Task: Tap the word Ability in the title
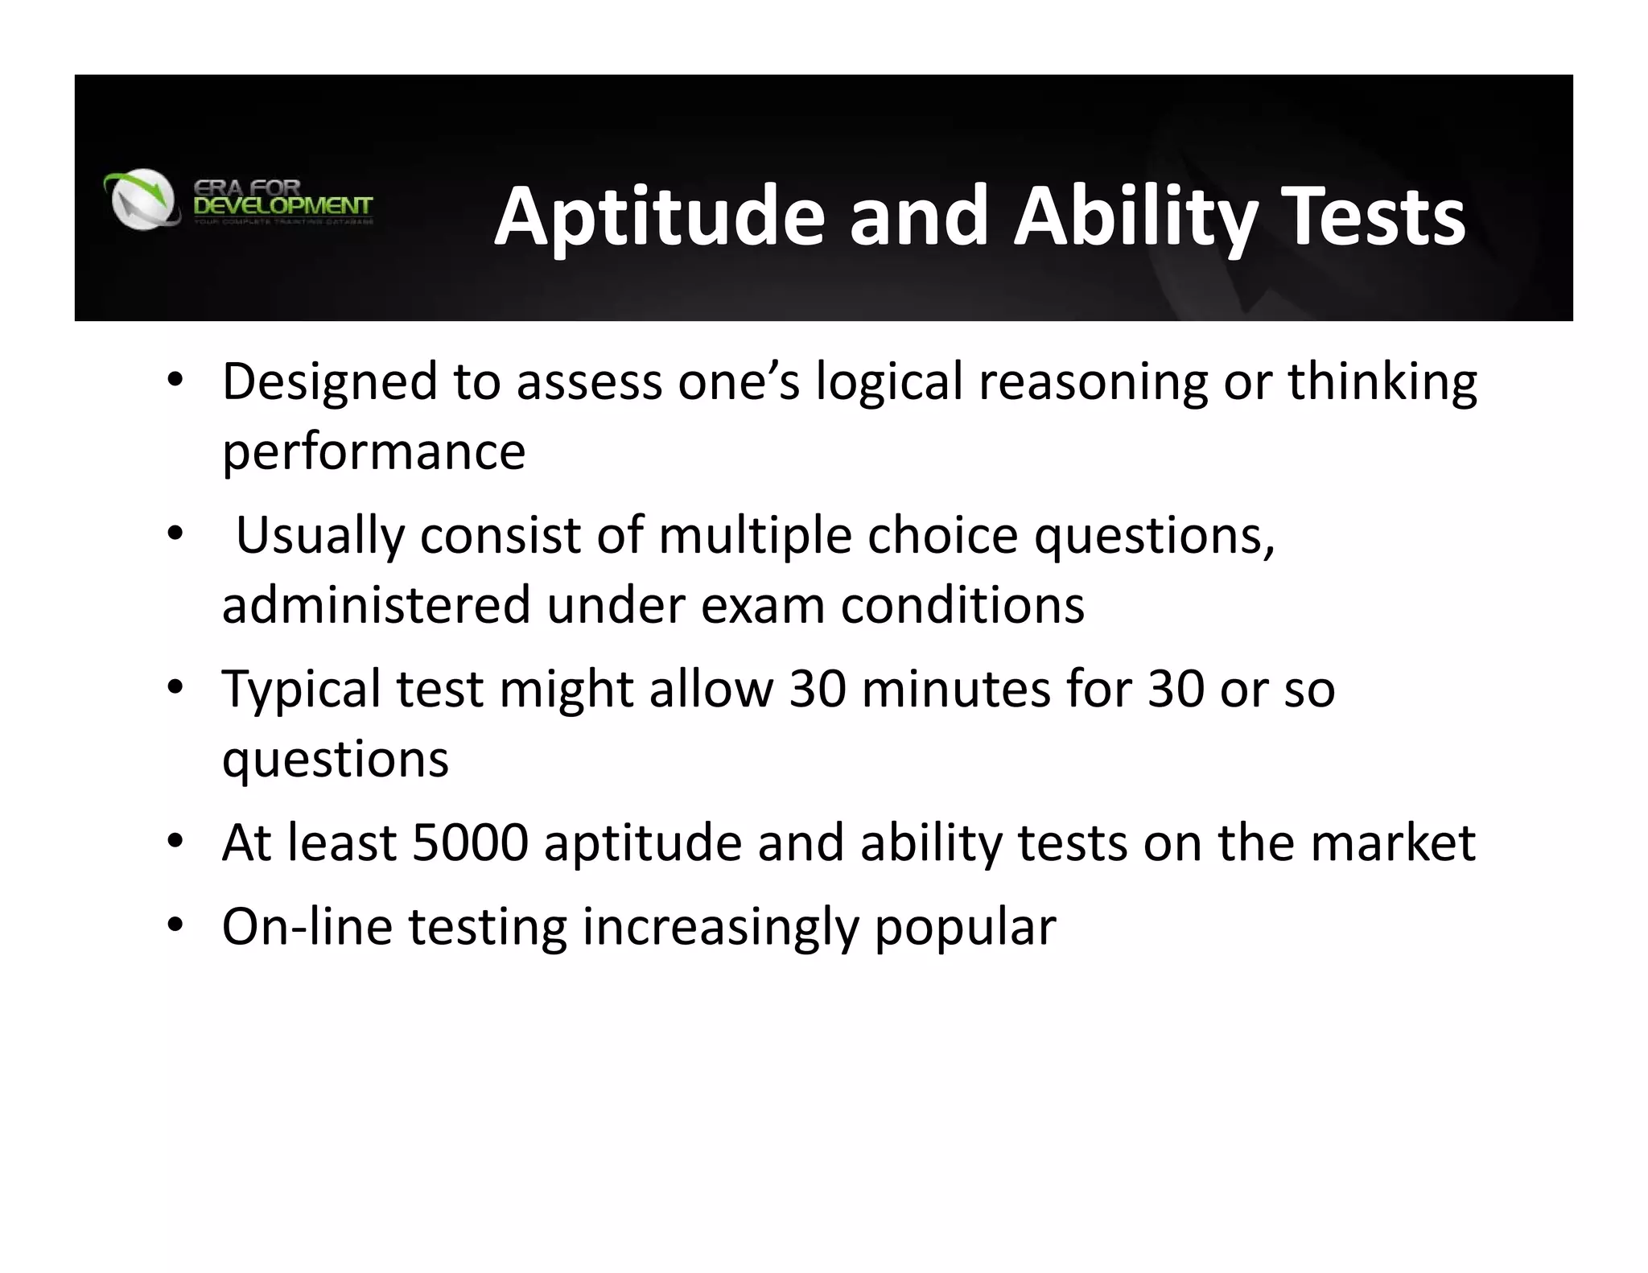coord(1135,217)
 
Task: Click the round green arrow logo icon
coord(142,198)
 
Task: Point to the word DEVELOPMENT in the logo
coord(283,206)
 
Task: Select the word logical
coord(889,383)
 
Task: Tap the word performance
coord(373,452)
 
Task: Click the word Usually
coord(320,536)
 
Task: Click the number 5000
coord(470,843)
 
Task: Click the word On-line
coord(307,927)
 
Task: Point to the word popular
coord(965,929)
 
